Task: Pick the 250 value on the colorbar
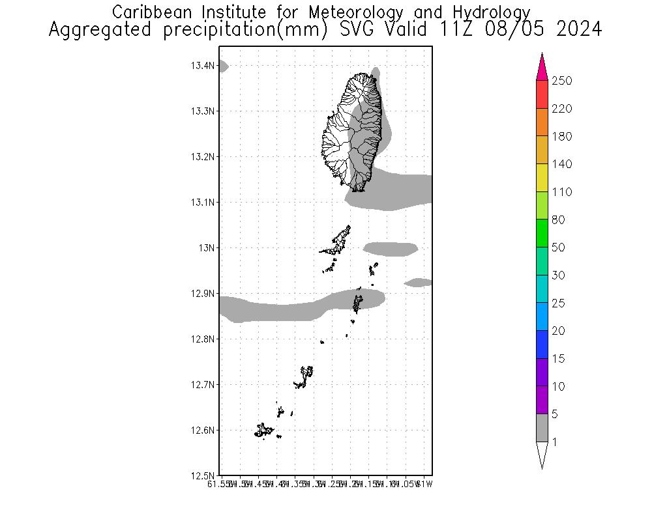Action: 561,81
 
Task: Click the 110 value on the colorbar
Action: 561,192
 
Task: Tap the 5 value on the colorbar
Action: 557,414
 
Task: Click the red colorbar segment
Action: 542,94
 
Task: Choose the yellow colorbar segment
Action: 542,178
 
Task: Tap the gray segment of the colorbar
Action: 542,428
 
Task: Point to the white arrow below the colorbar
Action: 542,454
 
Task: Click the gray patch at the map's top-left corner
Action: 223,66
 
